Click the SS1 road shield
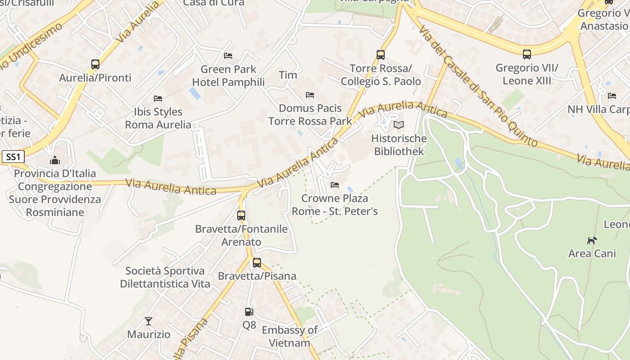tap(13, 157)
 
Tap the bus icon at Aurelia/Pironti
tap(95, 64)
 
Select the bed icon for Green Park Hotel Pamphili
tap(228, 56)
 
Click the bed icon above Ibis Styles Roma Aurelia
tap(158, 98)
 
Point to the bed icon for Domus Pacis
tap(310, 94)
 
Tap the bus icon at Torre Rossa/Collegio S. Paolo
tap(381, 55)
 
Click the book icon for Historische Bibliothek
tap(398, 125)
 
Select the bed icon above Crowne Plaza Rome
tap(334, 184)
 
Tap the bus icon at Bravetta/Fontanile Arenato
tap(241, 215)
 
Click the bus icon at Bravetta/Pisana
tap(257, 262)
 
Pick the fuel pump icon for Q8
tap(249, 311)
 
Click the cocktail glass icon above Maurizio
tap(148, 321)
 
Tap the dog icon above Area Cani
tap(592, 240)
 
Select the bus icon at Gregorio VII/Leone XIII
tap(527, 54)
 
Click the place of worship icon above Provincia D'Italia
tap(55, 160)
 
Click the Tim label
tap(288, 75)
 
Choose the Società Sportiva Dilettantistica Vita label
tap(165, 277)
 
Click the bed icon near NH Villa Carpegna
tap(612, 95)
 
